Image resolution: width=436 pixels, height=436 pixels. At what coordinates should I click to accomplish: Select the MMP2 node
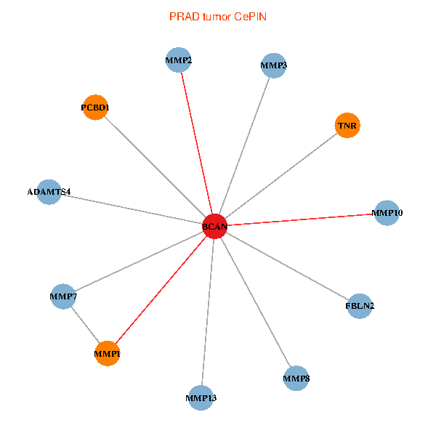(178, 60)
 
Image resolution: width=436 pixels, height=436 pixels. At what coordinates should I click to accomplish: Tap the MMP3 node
(273, 65)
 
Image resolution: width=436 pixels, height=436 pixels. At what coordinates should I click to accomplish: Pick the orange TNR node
(347, 126)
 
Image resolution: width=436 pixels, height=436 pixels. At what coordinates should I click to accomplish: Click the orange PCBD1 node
(95, 108)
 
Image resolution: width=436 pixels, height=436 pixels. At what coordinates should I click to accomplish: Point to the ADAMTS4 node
(49, 192)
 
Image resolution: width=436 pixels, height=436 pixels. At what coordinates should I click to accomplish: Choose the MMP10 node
(387, 213)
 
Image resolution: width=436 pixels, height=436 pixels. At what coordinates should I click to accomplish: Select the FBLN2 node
(360, 306)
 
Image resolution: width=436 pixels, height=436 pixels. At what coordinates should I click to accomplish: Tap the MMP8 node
(296, 378)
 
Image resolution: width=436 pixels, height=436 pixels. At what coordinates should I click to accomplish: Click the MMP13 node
(201, 397)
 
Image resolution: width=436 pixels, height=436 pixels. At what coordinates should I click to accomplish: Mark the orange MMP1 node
(107, 353)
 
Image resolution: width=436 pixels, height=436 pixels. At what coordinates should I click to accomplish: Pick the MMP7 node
(63, 296)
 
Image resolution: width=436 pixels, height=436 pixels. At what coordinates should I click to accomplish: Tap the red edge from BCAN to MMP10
(302, 219)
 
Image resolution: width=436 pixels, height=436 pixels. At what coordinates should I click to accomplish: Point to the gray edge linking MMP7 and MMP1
(85, 325)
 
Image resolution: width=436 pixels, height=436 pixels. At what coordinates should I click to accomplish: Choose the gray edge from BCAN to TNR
(281, 176)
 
